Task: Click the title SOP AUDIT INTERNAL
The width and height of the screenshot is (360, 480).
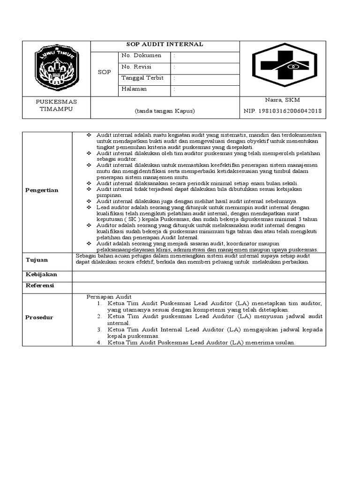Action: (165, 45)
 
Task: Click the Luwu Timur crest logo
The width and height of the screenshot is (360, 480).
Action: (57, 67)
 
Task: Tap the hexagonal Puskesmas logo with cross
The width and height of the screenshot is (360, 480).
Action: (281, 67)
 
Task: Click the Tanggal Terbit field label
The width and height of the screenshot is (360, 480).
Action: (142, 78)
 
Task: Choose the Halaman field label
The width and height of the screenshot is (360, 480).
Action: (134, 89)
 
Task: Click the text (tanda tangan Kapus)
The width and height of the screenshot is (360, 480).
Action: (165, 111)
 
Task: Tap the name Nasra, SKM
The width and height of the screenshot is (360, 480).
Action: (283, 100)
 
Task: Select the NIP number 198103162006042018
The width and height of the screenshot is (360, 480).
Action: (283, 111)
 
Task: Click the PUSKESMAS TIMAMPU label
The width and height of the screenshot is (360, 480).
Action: (57, 105)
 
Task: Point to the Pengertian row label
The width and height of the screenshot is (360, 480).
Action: (42, 190)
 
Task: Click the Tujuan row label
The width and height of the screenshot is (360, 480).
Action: (37, 260)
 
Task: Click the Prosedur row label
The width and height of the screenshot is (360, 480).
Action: (39, 317)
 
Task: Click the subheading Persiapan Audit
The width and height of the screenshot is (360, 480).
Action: (109, 297)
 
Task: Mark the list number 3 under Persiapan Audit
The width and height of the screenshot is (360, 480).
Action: (99, 330)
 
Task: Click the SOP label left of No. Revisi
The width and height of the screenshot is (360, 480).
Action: (104, 72)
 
